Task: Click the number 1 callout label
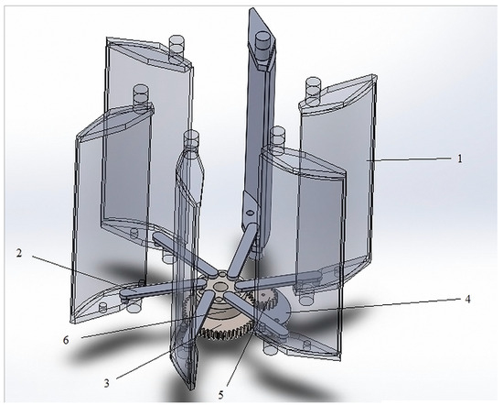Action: click(459, 158)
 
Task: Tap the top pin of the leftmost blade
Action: click(141, 94)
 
